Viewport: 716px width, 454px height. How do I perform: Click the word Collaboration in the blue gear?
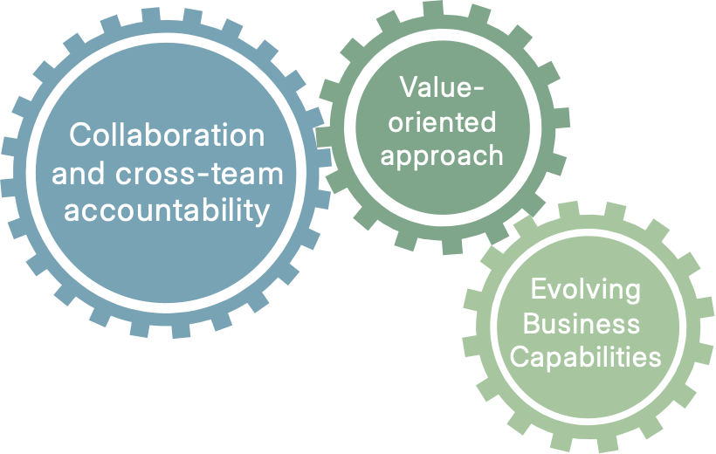tap(167, 135)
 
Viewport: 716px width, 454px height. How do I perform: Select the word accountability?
tap(168, 211)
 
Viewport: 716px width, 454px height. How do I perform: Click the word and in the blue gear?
tap(81, 174)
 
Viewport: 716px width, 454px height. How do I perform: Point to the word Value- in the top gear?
tap(442, 87)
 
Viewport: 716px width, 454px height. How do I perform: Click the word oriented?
tap(442, 121)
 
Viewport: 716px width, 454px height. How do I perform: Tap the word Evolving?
tap(585, 290)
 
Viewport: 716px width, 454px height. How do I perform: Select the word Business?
tap(585, 324)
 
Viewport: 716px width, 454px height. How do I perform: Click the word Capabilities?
tap(585, 358)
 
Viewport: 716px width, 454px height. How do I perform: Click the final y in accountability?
tap(262, 215)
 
